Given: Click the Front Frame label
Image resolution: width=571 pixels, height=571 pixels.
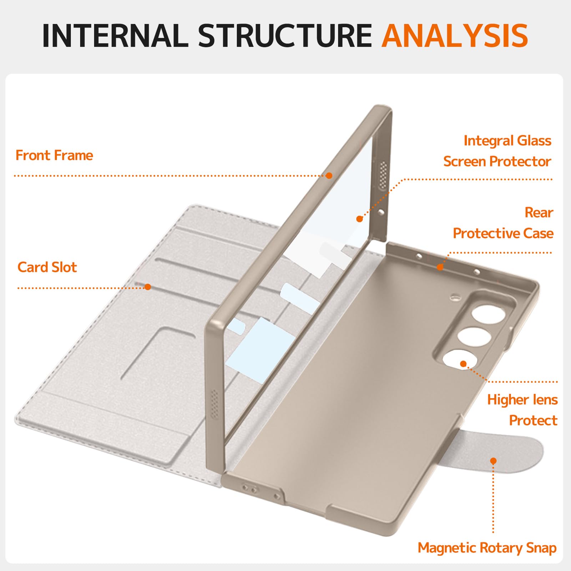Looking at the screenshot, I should pos(54,156).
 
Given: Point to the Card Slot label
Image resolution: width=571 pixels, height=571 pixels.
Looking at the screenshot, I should pos(47,267).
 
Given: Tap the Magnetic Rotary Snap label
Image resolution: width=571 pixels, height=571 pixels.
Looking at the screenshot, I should pos(487,548).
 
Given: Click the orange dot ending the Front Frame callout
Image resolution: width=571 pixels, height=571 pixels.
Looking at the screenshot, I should pos(329,176).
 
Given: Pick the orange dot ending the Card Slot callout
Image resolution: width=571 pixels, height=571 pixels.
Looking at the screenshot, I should pos(148,287).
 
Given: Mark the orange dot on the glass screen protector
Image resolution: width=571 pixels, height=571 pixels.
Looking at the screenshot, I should pos(360,219).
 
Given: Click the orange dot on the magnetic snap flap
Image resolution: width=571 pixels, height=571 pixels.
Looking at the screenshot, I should pos(493,461).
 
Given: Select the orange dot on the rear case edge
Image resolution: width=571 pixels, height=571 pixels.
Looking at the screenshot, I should pos(440,267).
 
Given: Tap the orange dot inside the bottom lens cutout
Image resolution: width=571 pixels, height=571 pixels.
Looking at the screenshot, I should pos(463,364).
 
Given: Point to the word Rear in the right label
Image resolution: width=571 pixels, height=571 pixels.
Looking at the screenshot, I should pos(539,213).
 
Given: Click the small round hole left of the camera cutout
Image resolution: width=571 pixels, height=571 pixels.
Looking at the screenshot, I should pos(455,297).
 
